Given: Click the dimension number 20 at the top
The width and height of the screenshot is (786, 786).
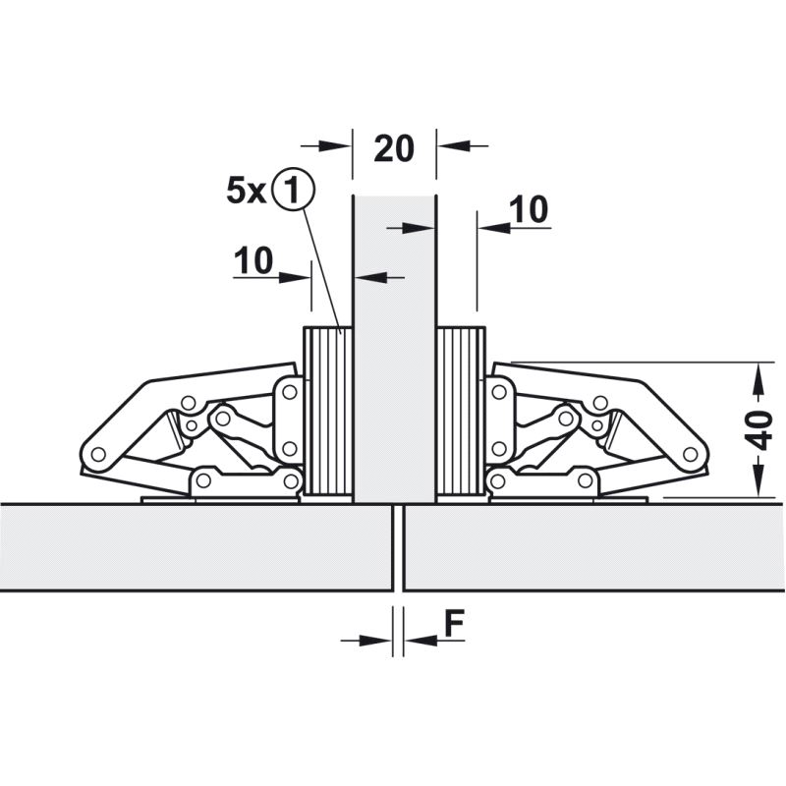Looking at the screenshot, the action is (394, 148).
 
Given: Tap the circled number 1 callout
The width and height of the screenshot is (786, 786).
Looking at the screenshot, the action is (293, 189).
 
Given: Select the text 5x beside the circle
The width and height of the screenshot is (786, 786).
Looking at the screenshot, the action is (247, 191).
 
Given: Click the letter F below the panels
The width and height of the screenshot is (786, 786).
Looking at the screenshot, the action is (454, 623).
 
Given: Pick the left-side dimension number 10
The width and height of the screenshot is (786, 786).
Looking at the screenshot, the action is (253, 260).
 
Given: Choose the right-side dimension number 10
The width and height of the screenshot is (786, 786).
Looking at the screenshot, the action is (529, 209).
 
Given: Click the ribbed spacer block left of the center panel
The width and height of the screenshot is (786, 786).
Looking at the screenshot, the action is (328, 411).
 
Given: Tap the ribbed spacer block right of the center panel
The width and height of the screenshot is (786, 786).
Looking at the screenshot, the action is (461, 411).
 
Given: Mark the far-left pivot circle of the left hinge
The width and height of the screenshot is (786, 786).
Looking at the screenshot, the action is (99, 454).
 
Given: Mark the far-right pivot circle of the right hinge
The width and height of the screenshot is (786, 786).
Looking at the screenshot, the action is (691, 454).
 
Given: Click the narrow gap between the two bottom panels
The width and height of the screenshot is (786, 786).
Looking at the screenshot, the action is (398, 547).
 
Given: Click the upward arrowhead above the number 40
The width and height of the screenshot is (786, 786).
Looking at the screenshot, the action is (759, 378).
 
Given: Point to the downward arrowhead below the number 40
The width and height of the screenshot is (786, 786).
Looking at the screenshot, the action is (759, 480).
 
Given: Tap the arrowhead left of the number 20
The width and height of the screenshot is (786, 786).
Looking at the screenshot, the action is (335, 145).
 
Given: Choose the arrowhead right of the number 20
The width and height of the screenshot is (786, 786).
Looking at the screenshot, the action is (454, 145).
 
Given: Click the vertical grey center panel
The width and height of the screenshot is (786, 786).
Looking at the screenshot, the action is (395, 349).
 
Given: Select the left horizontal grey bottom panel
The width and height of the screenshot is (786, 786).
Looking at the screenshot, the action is (196, 547).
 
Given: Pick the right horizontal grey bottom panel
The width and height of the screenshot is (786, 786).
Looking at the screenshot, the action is (594, 547).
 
